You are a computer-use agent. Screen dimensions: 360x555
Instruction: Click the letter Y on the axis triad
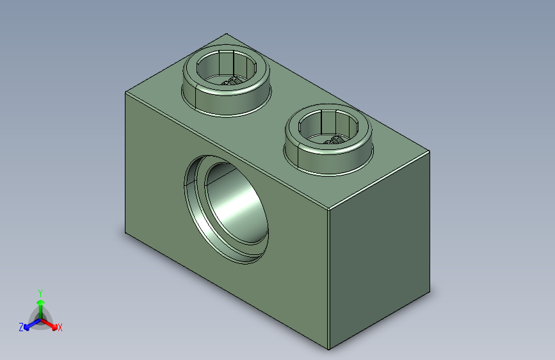(40, 291)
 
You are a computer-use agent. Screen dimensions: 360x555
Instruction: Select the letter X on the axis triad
(60, 327)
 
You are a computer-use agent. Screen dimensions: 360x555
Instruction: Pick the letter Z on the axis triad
(21, 327)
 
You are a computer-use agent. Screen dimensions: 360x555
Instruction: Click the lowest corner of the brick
(329, 350)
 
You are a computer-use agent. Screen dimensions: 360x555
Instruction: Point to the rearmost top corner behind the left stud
(226, 33)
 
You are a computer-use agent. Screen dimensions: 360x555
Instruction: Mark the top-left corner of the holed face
(125, 92)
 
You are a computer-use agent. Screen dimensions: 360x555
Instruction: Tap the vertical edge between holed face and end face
(329, 282)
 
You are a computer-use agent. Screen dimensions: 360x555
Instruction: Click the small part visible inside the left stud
(231, 81)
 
